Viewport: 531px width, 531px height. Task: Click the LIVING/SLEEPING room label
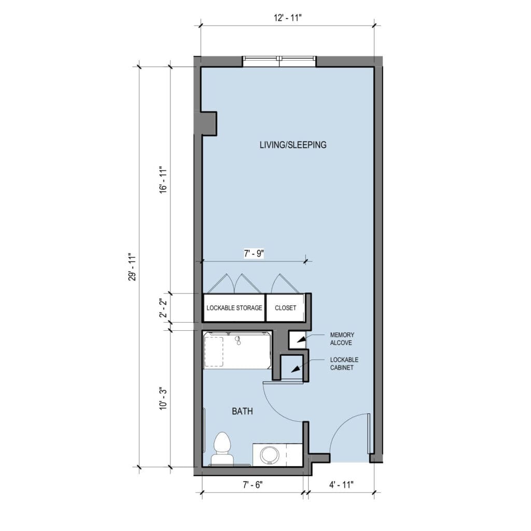(293, 145)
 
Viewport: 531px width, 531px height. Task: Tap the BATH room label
(242, 411)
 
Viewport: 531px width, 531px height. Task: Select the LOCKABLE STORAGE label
(234, 308)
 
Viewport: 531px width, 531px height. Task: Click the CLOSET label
(286, 308)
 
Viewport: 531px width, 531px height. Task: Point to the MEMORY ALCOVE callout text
(342, 339)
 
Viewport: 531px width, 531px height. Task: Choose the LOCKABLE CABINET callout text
(344, 364)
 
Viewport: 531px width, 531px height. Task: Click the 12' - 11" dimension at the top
(287, 18)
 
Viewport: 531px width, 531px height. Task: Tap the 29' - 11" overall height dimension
(132, 267)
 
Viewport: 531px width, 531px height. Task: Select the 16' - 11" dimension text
(163, 179)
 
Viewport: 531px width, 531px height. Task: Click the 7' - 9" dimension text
(254, 253)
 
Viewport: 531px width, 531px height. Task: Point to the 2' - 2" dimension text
(163, 308)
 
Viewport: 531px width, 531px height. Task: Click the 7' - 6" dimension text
(253, 485)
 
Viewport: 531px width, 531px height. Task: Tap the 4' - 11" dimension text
(341, 485)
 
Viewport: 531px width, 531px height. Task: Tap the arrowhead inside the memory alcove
(300, 340)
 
